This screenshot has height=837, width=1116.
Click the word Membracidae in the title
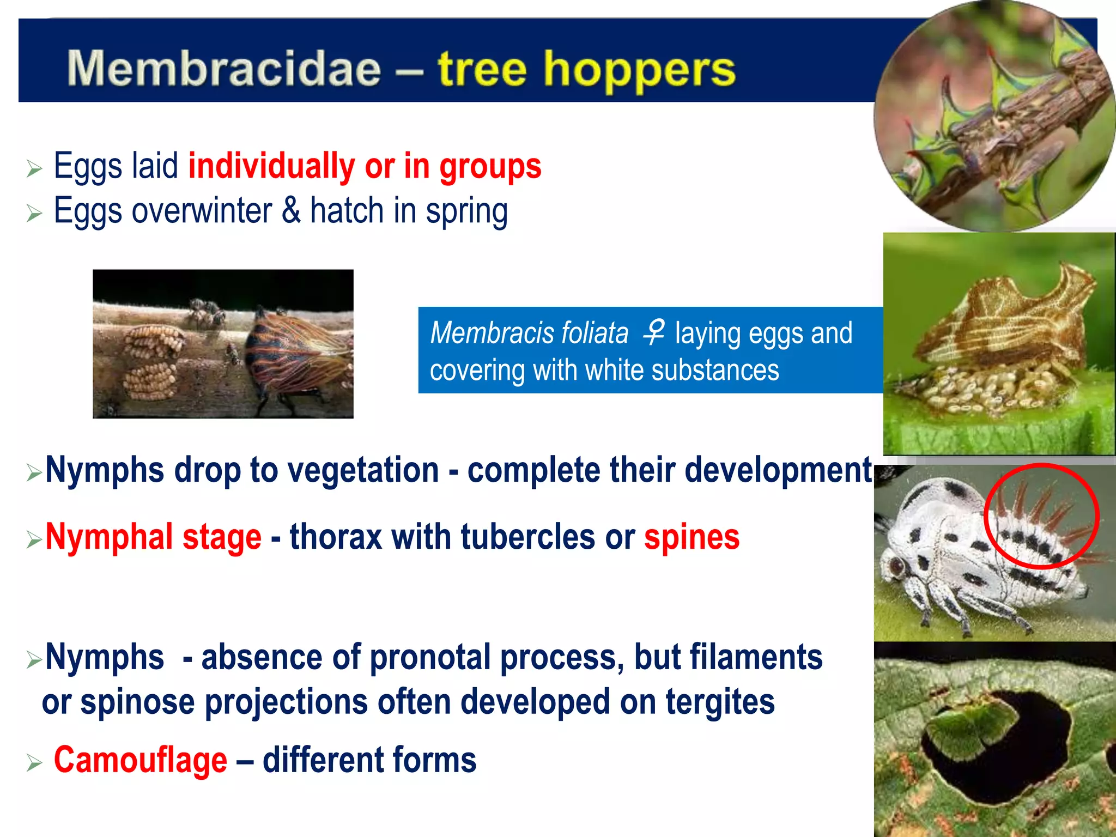pos(223,69)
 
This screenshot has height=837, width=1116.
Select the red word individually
pos(271,166)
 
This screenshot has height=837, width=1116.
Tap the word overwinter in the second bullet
pos(202,211)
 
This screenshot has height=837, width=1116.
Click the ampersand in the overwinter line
pos(291,211)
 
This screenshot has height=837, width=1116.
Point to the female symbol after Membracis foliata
pos(653,332)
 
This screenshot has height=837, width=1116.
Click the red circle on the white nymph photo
pos(1041,516)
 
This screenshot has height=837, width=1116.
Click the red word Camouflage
pos(140,760)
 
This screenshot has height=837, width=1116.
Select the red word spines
pos(692,537)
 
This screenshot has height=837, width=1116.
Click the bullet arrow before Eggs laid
pos(34,169)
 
